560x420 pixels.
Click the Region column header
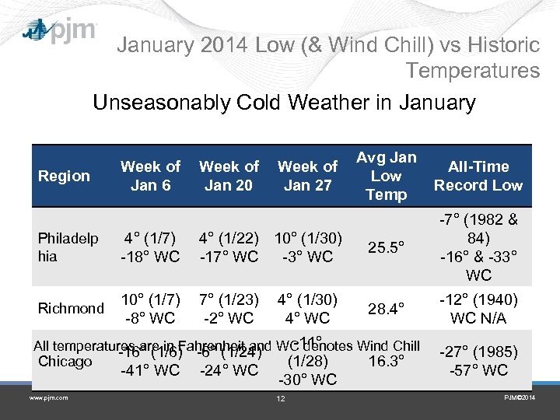[x=64, y=176]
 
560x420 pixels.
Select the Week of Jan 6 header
[x=150, y=176]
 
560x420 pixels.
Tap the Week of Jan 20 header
[x=229, y=176]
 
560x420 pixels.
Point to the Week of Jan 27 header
[x=307, y=176]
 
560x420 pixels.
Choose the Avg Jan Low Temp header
[x=387, y=176]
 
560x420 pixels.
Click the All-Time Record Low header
[x=478, y=176]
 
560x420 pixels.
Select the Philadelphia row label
[x=68, y=247]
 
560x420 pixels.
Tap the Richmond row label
[x=71, y=308]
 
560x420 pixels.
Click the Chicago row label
[x=65, y=362]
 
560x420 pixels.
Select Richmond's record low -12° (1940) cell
[x=479, y=309]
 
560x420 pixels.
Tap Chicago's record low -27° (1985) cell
[x=479, y=361]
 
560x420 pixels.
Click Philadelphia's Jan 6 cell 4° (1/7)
[x=150, y=238]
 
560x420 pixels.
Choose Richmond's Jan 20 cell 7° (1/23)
[x=229, y=299]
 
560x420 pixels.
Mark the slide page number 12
[x=281, y=399]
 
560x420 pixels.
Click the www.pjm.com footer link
[x=49, y=398]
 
